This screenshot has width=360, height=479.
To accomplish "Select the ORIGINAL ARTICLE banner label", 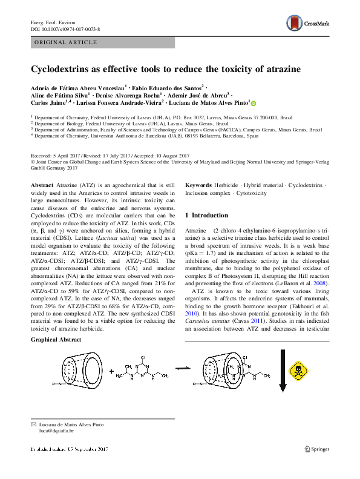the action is tap(66, 42).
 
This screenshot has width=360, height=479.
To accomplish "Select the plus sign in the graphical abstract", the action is tap(111, 372).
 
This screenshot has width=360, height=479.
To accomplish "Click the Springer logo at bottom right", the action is tap(316, 449).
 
